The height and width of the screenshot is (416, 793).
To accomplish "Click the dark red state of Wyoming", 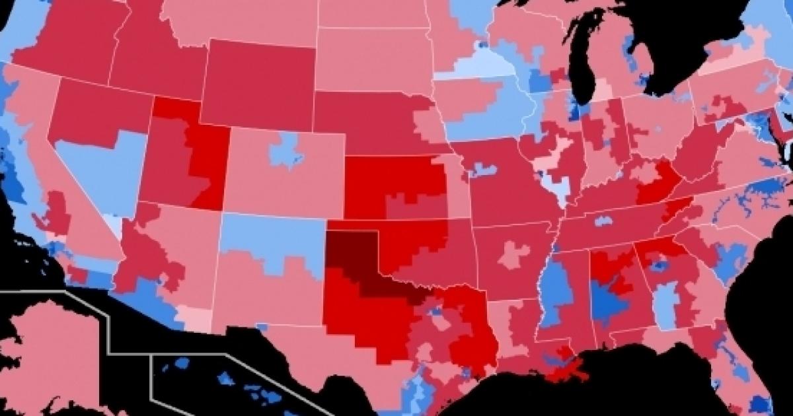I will pos(258,83).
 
